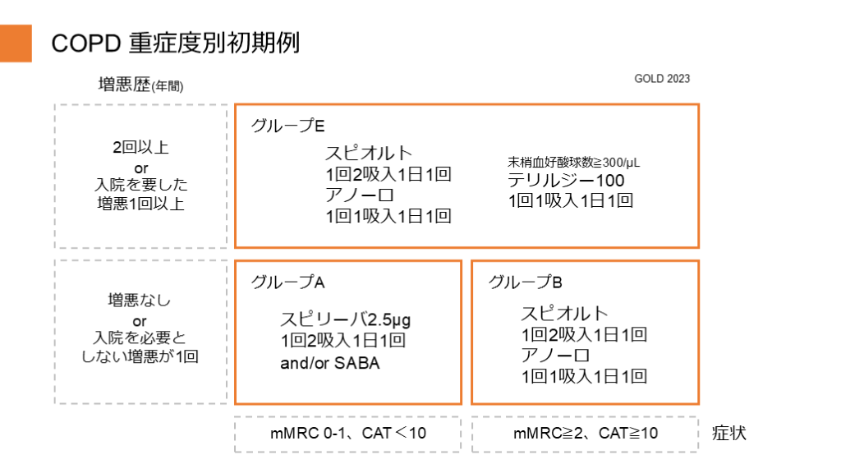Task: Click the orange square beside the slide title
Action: pos(16,44)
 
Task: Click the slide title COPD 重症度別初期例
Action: pos(175,43)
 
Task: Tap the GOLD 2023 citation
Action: pos(662,79)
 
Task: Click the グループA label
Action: pos(288,282)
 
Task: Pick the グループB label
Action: pos(526,282)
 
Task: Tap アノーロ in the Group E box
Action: pos(360,195)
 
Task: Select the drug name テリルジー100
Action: pos(566,180)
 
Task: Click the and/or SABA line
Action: pos(330,363)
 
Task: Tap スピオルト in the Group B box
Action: pos(564,313)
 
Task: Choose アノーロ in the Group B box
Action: pos(555,355)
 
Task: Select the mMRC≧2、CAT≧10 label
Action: pos(586,433)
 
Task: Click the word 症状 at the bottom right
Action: pos(729,433)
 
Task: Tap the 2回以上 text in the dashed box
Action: pos(140,149)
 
